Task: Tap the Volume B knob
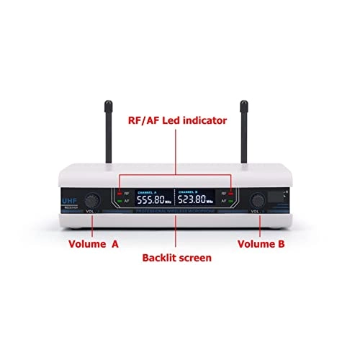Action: [257, 199]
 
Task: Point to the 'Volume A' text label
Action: [94, 244]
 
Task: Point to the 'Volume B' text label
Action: [261, 244]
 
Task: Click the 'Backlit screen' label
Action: [177, 256]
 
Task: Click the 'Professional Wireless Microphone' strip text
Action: [177, 212]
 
